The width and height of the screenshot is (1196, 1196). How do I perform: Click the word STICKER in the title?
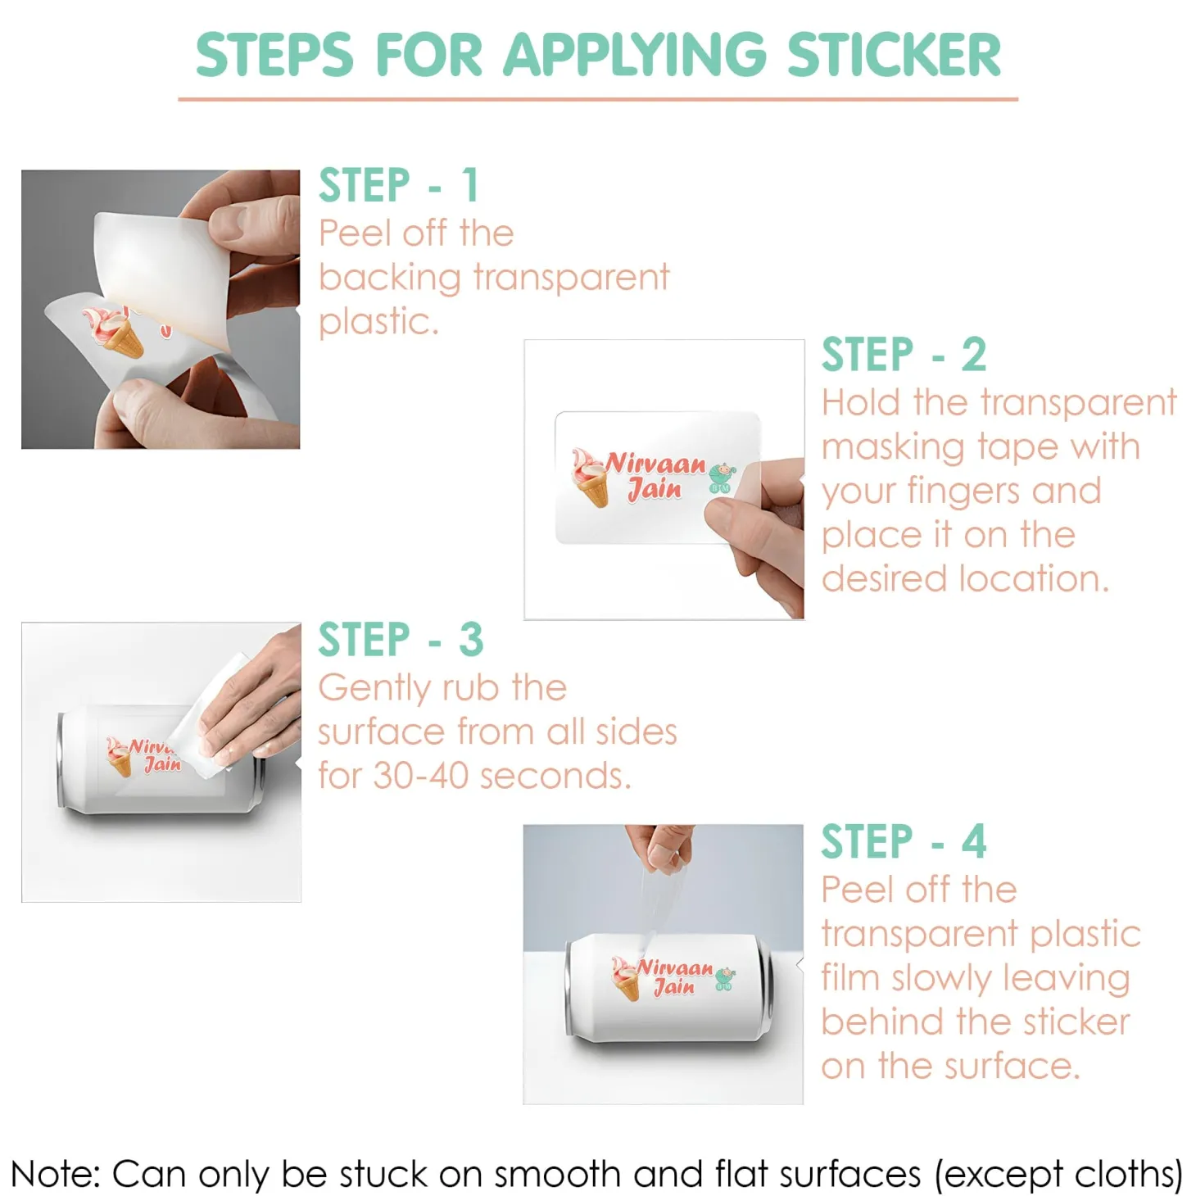(x=893, y=55)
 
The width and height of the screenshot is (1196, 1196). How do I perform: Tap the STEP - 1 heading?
(x=398, y=185)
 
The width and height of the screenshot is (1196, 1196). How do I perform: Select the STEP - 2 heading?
(x=904, y=355)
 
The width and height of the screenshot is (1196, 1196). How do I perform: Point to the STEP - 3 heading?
(x=401, y=639)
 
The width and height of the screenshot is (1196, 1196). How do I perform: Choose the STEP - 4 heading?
(x=904, y=841)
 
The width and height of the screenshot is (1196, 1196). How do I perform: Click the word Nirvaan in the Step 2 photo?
(x=655, y=464)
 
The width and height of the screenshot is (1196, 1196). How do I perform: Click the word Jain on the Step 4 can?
(x=674, y=987)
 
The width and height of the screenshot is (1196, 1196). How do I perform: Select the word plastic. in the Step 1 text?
(x=378, y=323)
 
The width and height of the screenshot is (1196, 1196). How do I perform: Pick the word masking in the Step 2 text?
(x=894, y=448)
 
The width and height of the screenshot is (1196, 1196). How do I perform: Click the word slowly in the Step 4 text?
(x=941, y=979)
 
